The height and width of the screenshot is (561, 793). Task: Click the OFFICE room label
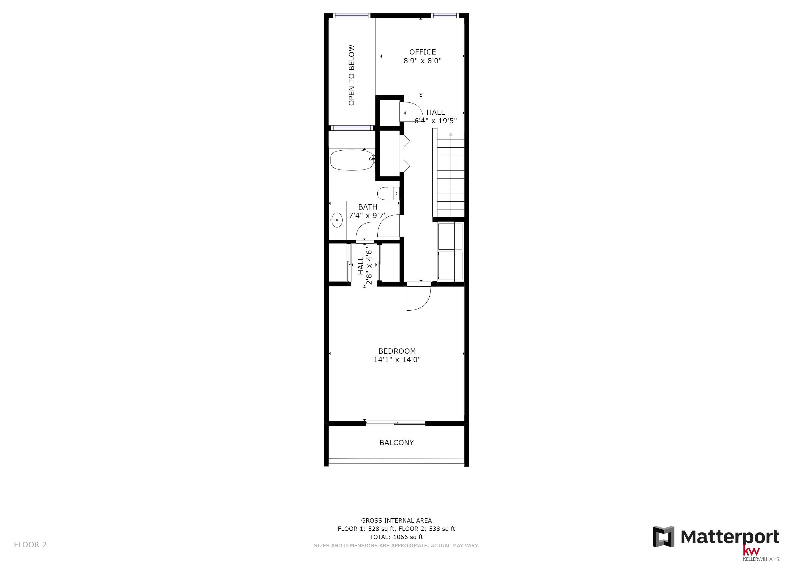pyautogui.click(x=423, y=52)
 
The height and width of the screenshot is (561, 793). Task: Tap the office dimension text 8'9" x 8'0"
pyautogui.click(x=423, y=61)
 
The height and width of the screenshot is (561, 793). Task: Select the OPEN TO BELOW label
pyautogui.click(x=352, y=75)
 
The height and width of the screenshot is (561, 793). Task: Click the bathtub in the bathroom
pyautogui.click(x=352, y=160)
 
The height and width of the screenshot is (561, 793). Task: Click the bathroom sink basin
pyautogui.click(x=337, y=220)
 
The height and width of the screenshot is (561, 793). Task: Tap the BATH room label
pyautogui.click(x=367, y=207)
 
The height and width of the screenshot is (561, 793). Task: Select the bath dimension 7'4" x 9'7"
pyautogui.click(x=367, y=216)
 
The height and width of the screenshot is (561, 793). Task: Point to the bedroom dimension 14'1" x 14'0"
pyautogui.click(x=397, y=360)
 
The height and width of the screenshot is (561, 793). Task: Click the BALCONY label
pyautogui.click(x=396, y=442)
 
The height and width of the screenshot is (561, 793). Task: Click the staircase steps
pyautogui.click(x=450, y=174)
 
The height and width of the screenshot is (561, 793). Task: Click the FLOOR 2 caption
pyautogui.click(x=30, y=545)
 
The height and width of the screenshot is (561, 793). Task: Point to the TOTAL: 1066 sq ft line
pyautogui.click(x=396, y=537)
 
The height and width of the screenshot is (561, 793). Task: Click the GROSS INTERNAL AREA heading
pyautogui.click(x=396, y=520)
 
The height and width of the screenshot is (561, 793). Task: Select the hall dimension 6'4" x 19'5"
pyautogui.click(x=436, y=121)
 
